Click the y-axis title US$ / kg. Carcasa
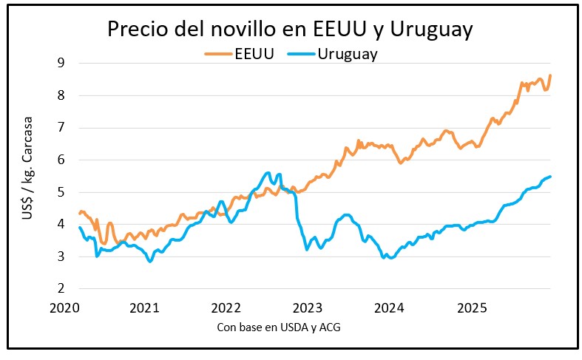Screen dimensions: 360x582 point(28,176)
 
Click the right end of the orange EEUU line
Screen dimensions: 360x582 point(551,75)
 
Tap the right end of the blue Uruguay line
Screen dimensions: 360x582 point(551,177)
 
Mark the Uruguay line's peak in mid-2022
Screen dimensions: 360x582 point(268,173)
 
